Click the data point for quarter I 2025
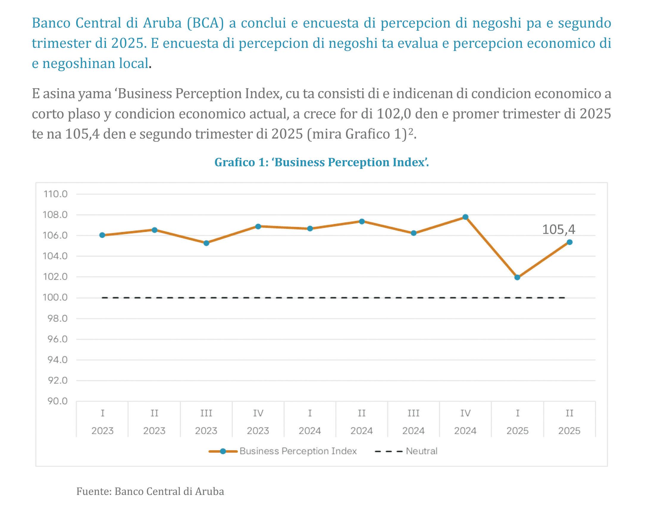(x=517, y=278)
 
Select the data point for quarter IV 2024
(x=465, y=217)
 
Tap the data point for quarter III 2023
(x=206, y=243)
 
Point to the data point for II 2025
(x=569, y=242)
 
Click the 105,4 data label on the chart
(x=559, y=229)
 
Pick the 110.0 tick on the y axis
(x=56, y=194)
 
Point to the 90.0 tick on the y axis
(x=57, y=401)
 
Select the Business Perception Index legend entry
(x=283, y=451)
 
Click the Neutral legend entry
(x=406, y=451)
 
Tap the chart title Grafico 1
(x=322, y=162)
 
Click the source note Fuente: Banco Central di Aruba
(x=150, y=491)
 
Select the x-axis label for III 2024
(x=413, y=422)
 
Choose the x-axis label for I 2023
(x=102, y=422)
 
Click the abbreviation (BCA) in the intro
(x=205, y=23)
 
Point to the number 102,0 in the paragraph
(x=394, y=114)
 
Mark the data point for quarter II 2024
(x=362, y=221)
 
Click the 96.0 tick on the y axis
(x=57, y=339)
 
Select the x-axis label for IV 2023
(x=258, y=422)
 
